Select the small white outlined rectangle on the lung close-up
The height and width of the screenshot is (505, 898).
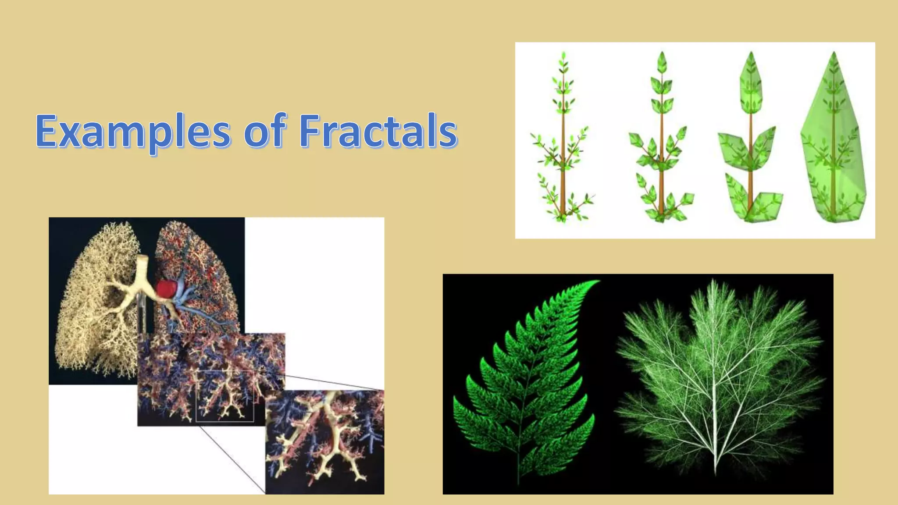(x=224, y=396)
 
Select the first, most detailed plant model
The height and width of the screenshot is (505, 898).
(x=563, y=140)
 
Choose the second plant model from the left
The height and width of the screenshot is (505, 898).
(x=661, y=140)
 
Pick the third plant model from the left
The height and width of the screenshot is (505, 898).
(x=751, y=140)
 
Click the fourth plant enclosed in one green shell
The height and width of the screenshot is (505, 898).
(x=833, y=140)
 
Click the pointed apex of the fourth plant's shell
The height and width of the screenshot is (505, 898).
(x=834, y=53)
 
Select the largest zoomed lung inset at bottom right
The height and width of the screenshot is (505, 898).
(x=324, y=442)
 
